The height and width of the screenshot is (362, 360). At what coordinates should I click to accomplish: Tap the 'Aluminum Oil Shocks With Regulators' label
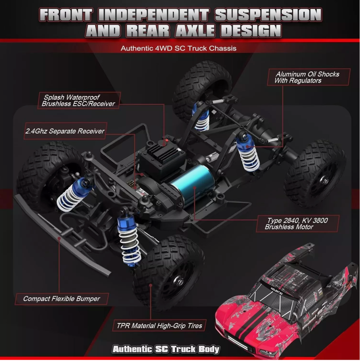tap(307, 77)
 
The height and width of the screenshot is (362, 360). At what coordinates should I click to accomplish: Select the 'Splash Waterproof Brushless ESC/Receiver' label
tap(78, 100)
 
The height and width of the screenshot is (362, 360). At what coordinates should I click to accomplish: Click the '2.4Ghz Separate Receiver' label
tap(65, 131)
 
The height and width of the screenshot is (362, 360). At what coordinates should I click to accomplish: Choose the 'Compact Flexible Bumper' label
tap(62, 299)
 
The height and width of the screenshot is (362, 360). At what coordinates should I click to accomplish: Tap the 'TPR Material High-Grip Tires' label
tap(160, 326)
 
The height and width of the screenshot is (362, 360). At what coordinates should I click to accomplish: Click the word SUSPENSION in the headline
tap(268, 15)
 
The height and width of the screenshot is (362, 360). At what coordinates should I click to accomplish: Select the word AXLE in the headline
tap(195, 31)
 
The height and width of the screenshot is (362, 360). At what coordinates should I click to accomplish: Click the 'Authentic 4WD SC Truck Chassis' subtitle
tap(178, 48)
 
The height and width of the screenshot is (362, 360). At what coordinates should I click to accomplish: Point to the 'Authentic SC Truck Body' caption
tap(166, 349)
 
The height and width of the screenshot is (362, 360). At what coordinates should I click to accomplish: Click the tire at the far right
tap(315, 173)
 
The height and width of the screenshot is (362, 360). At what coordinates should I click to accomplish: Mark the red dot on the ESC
tap(167, 140)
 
